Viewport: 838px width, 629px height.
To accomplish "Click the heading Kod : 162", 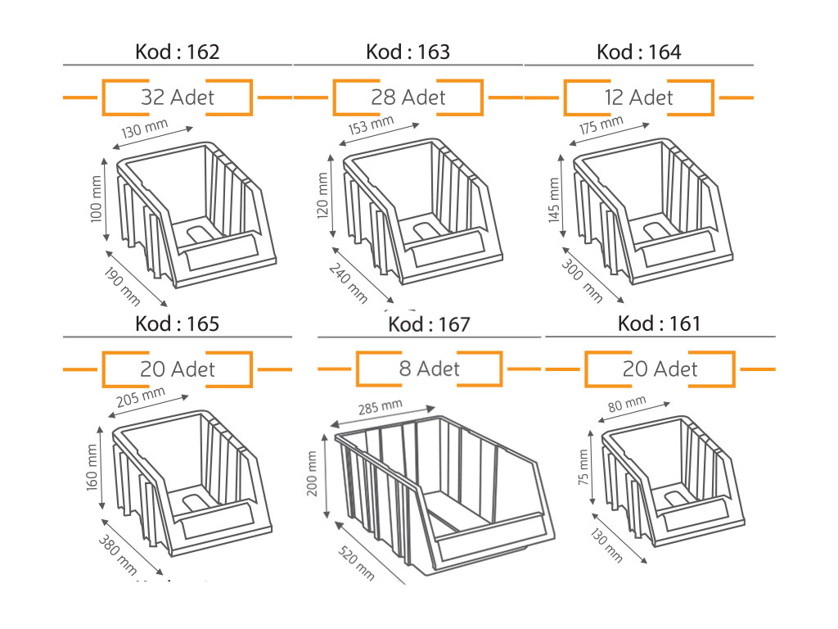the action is [x=178, y=52].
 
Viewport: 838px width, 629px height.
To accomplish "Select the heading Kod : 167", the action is [x=429, y=324].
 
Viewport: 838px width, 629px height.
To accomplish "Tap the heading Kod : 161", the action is [x=659, y=324].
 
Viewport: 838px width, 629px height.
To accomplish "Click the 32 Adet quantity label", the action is [x=178, y=97].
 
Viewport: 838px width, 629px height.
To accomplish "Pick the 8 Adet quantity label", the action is [x=429, y=369].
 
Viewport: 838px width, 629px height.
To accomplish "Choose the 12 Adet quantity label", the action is [x=638, y=97].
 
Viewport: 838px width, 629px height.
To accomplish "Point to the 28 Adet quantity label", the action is [x=408, y=97].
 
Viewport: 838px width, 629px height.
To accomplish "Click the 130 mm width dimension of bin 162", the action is [x=144, y=129].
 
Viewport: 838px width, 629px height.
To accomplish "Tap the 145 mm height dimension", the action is [x=554, y=200].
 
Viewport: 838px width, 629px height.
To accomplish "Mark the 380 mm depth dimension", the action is [x=117, y=554].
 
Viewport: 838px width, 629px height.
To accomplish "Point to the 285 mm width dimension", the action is [x=380, y=407].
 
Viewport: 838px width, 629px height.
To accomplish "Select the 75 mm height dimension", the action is [x=583, y=468].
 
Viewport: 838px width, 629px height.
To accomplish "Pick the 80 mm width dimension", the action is [x=627, y=404].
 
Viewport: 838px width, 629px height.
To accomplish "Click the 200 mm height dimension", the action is [x=312, y=473].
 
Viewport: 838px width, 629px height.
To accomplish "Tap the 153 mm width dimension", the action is [x=371, y=125].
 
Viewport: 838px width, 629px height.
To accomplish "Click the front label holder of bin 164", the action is [x=678, y=248].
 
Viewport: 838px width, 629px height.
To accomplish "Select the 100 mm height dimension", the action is [x=96, y=199].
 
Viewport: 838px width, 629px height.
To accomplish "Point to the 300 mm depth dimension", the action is [x=582, y=282].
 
